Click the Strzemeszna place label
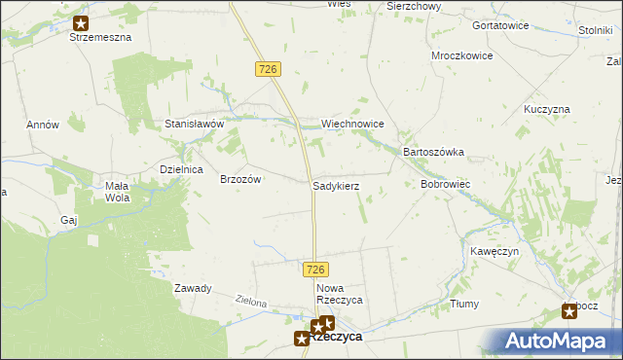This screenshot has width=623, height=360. (x=99, y=37)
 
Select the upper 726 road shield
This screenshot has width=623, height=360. (x=270, y=68)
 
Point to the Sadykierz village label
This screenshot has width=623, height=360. (x=337, y=185)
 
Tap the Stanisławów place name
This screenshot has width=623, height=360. (x=195, y=125)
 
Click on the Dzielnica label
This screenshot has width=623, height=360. (x=180, y=169)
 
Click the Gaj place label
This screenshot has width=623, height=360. (x=68, y=220)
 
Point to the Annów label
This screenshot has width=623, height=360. (x=43, y=125)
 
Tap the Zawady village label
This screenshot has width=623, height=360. (x=193, y=288)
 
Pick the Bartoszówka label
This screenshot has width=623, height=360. (x=433, y=153)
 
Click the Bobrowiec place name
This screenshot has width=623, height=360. (x=446, y=184)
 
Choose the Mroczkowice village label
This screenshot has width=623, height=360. (x=462, y=56)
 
